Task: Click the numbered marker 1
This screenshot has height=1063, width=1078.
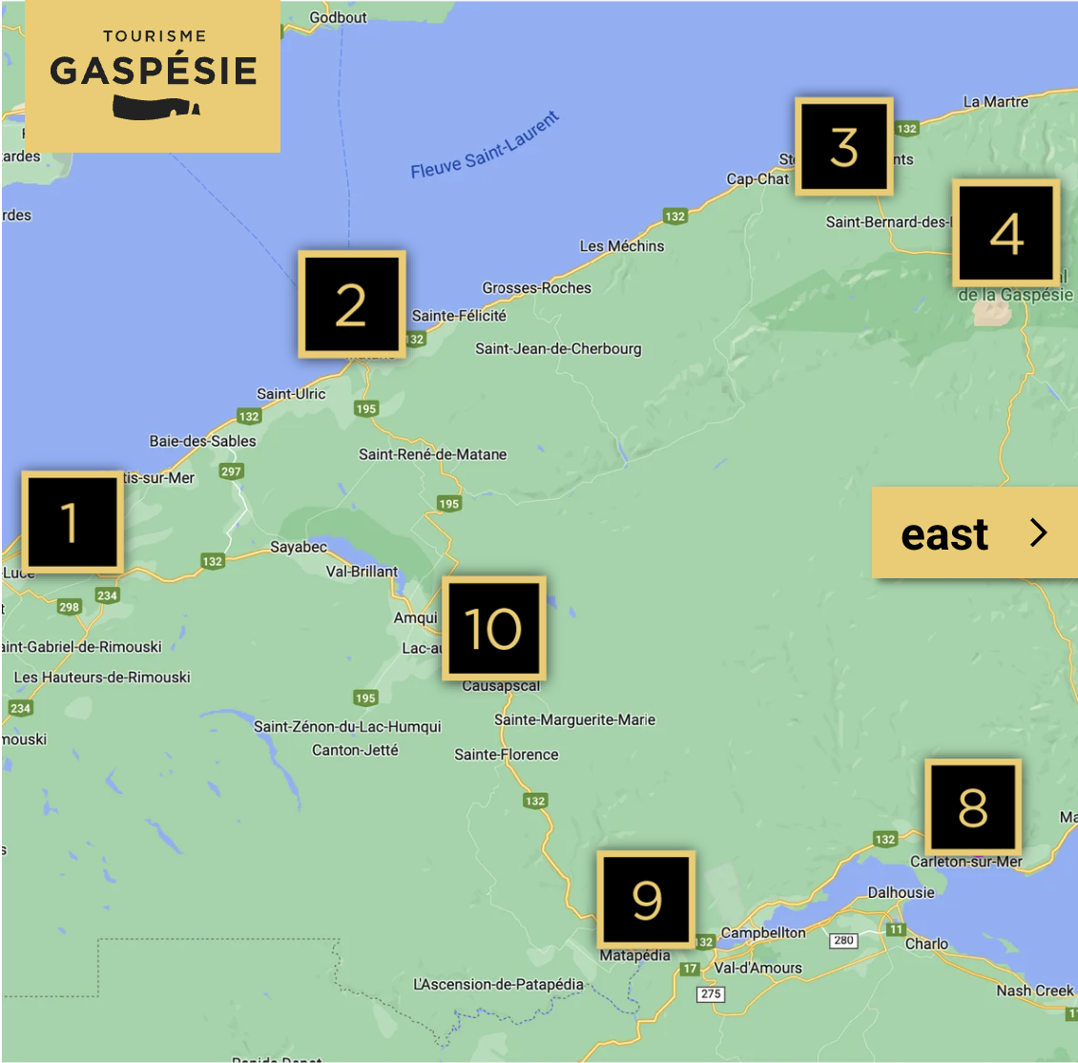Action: (73, 522)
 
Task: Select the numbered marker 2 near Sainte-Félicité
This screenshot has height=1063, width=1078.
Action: (351, 304)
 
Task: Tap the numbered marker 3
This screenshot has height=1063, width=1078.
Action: (844, 146)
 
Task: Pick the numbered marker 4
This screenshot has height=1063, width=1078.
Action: (1006, 234)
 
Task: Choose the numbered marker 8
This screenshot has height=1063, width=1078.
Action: (972, 807)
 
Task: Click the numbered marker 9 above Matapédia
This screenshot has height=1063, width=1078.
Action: (646, 899)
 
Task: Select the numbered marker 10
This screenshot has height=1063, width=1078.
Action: (493, 629)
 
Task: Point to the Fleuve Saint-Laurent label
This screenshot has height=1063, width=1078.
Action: (485, 146)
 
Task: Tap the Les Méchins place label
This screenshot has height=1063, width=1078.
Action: (621, 246)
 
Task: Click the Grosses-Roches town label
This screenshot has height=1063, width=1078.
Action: (536, 288)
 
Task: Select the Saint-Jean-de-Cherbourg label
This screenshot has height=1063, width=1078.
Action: (558, 349)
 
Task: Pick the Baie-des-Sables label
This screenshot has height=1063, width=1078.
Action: (202, 441)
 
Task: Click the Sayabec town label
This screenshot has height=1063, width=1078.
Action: (298, 548)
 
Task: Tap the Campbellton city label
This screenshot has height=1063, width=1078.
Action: (763, 932)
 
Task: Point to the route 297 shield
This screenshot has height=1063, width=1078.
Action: (231, 471)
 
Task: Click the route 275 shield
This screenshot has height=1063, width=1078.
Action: (711, 993)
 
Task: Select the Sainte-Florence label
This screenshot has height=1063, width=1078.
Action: (506, 755)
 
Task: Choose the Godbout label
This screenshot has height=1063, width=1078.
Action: (338, 17)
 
